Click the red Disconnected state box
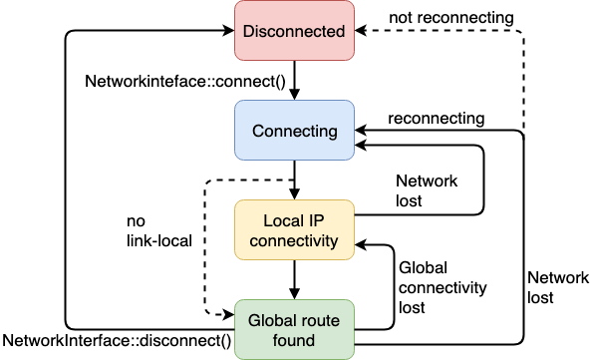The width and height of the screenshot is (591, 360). [293, 31]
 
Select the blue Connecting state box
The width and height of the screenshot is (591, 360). [293, 131]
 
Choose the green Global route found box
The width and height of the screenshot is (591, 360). [293, 329]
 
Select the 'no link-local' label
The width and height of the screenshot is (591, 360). [159, 229]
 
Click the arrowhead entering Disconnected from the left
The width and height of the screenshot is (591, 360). [228, 31]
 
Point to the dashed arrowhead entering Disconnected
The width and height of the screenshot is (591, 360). [360, 31]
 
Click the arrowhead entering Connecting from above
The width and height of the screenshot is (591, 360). [293, 96]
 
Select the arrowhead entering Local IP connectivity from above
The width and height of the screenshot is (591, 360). [293, 194]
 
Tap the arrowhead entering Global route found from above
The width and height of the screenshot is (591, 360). [293, 294]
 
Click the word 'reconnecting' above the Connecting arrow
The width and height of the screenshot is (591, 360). [438, 118]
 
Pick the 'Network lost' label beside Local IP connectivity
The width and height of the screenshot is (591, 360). [427, 191]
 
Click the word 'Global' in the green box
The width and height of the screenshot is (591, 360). [267, 320]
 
